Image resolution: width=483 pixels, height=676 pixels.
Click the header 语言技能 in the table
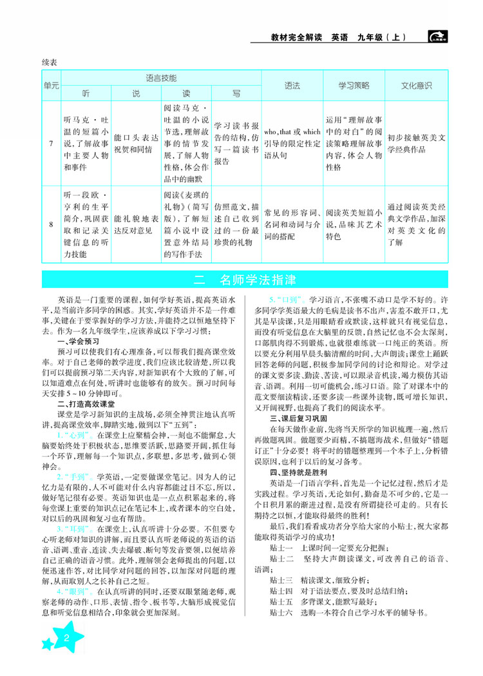point(161,77)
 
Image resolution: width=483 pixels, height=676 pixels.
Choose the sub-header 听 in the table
point(85,93)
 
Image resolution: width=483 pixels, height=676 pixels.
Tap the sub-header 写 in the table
point(236,93)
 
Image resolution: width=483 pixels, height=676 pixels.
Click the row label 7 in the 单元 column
point(51,142)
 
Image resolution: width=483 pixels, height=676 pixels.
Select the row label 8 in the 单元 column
point(51,225)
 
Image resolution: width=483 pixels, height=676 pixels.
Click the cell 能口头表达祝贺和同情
point(135,142)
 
